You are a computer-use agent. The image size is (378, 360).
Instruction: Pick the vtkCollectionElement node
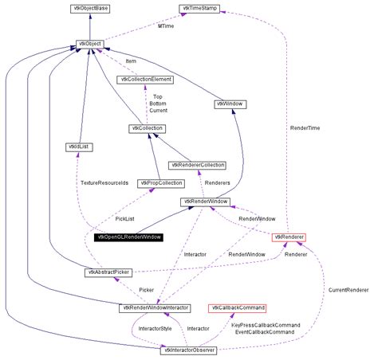[146, 80]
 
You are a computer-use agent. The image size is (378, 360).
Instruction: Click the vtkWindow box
[229, 104]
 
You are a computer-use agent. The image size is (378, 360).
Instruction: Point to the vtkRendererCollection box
[198, 165]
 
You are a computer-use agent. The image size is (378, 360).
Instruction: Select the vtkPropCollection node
[160, 183]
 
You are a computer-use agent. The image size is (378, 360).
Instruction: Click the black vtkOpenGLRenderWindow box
[129, 237]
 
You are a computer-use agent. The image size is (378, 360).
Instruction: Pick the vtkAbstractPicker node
[108, 272]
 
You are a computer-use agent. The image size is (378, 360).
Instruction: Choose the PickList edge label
[125, 218]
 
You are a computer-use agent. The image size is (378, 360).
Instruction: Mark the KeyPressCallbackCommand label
[266, 325]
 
